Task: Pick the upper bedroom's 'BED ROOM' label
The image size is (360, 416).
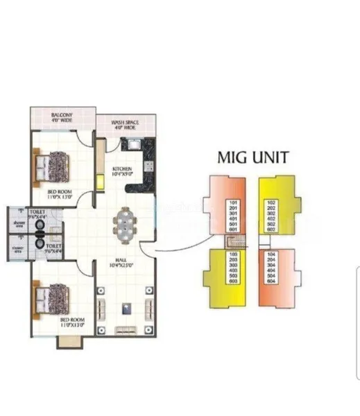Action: click(x=60, y=191)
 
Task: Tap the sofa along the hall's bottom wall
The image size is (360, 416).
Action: click(x=126, y=329)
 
